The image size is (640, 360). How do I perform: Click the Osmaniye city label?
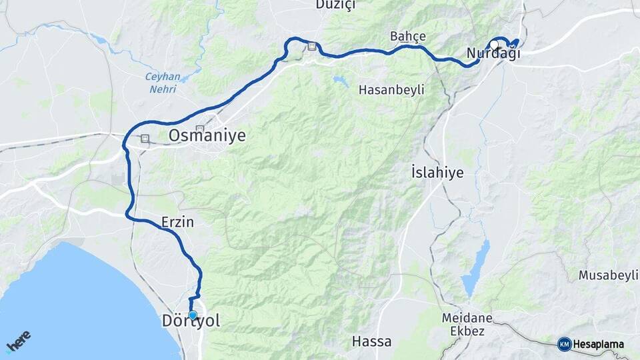coord(207,136)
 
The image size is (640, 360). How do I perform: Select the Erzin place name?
coord(177,223)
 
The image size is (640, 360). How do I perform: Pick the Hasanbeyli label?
coord(391,89)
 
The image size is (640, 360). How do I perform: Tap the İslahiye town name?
coord(437,173)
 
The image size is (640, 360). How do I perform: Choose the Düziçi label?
coord(336,5)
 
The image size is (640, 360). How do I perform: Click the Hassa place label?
coord(371,342)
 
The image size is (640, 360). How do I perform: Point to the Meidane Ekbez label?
coord(467,324)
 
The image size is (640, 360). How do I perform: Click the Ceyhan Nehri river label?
coord(162,82)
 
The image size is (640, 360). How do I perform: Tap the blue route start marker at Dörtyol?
coord(193,315)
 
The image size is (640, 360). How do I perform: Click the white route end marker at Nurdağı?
coord(494,43)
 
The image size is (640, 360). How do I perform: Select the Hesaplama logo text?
coord(599,345)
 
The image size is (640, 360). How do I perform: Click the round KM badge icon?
coord(565,344)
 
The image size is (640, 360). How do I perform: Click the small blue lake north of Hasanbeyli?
coord(341,81)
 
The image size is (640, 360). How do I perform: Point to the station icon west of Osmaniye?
coord(145,139)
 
